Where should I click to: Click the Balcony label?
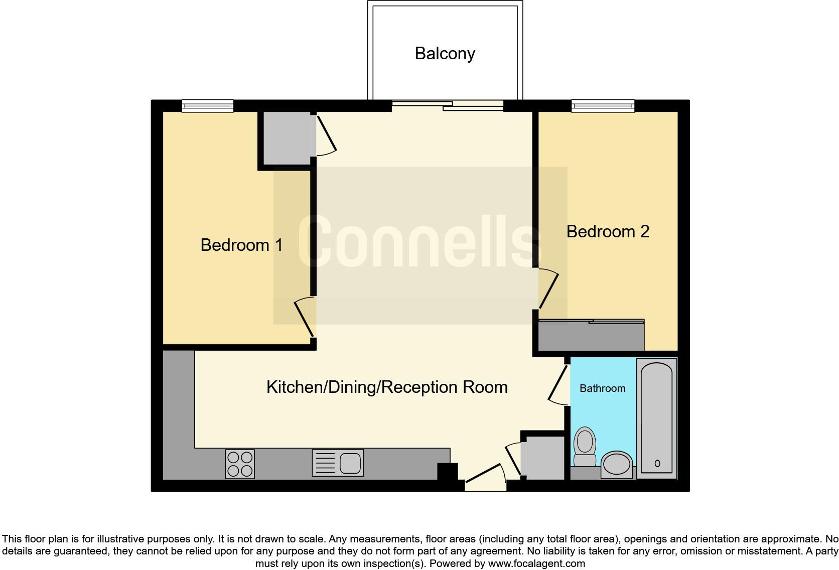[445, 54]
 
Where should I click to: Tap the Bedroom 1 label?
[241, 245]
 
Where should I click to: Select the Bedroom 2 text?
[608, 231]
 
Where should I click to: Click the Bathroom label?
[602, 388]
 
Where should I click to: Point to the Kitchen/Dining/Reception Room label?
[387, 387]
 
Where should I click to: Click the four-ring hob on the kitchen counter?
[240, 464]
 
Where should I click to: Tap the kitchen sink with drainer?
[338, 463]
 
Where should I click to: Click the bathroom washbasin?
[617, 464]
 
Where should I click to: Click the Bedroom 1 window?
[208, 105]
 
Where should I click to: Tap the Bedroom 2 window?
[603, 105]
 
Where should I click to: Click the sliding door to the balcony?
[448, 105]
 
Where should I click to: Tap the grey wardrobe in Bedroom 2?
[591, 336]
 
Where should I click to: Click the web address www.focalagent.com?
[536, 563]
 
